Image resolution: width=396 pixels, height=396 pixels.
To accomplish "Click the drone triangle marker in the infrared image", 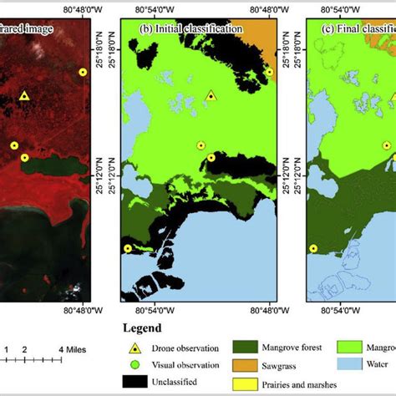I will coord(24,96).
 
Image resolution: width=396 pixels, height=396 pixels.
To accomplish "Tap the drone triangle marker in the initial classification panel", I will coord(211,96).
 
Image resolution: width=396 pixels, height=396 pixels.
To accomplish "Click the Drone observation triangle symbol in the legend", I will coord(135,348).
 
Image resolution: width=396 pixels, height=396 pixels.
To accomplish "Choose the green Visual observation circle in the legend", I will coord(135,364).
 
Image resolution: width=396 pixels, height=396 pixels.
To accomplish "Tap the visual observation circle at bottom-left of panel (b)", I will coord(128,247).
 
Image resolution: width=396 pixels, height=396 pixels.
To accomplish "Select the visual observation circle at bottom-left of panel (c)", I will coord(313,247).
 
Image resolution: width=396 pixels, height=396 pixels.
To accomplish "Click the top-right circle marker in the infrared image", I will coord(82,72).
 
